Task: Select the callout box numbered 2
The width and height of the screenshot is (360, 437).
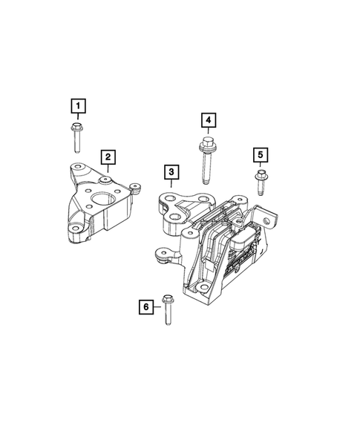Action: click(x=108, y=157)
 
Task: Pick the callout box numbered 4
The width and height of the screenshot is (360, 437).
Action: click(x=209, y=120)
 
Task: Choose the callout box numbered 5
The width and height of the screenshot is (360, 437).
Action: click(x=261, y=154)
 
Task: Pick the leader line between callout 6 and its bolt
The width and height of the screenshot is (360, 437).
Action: click(x=155, y=305)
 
